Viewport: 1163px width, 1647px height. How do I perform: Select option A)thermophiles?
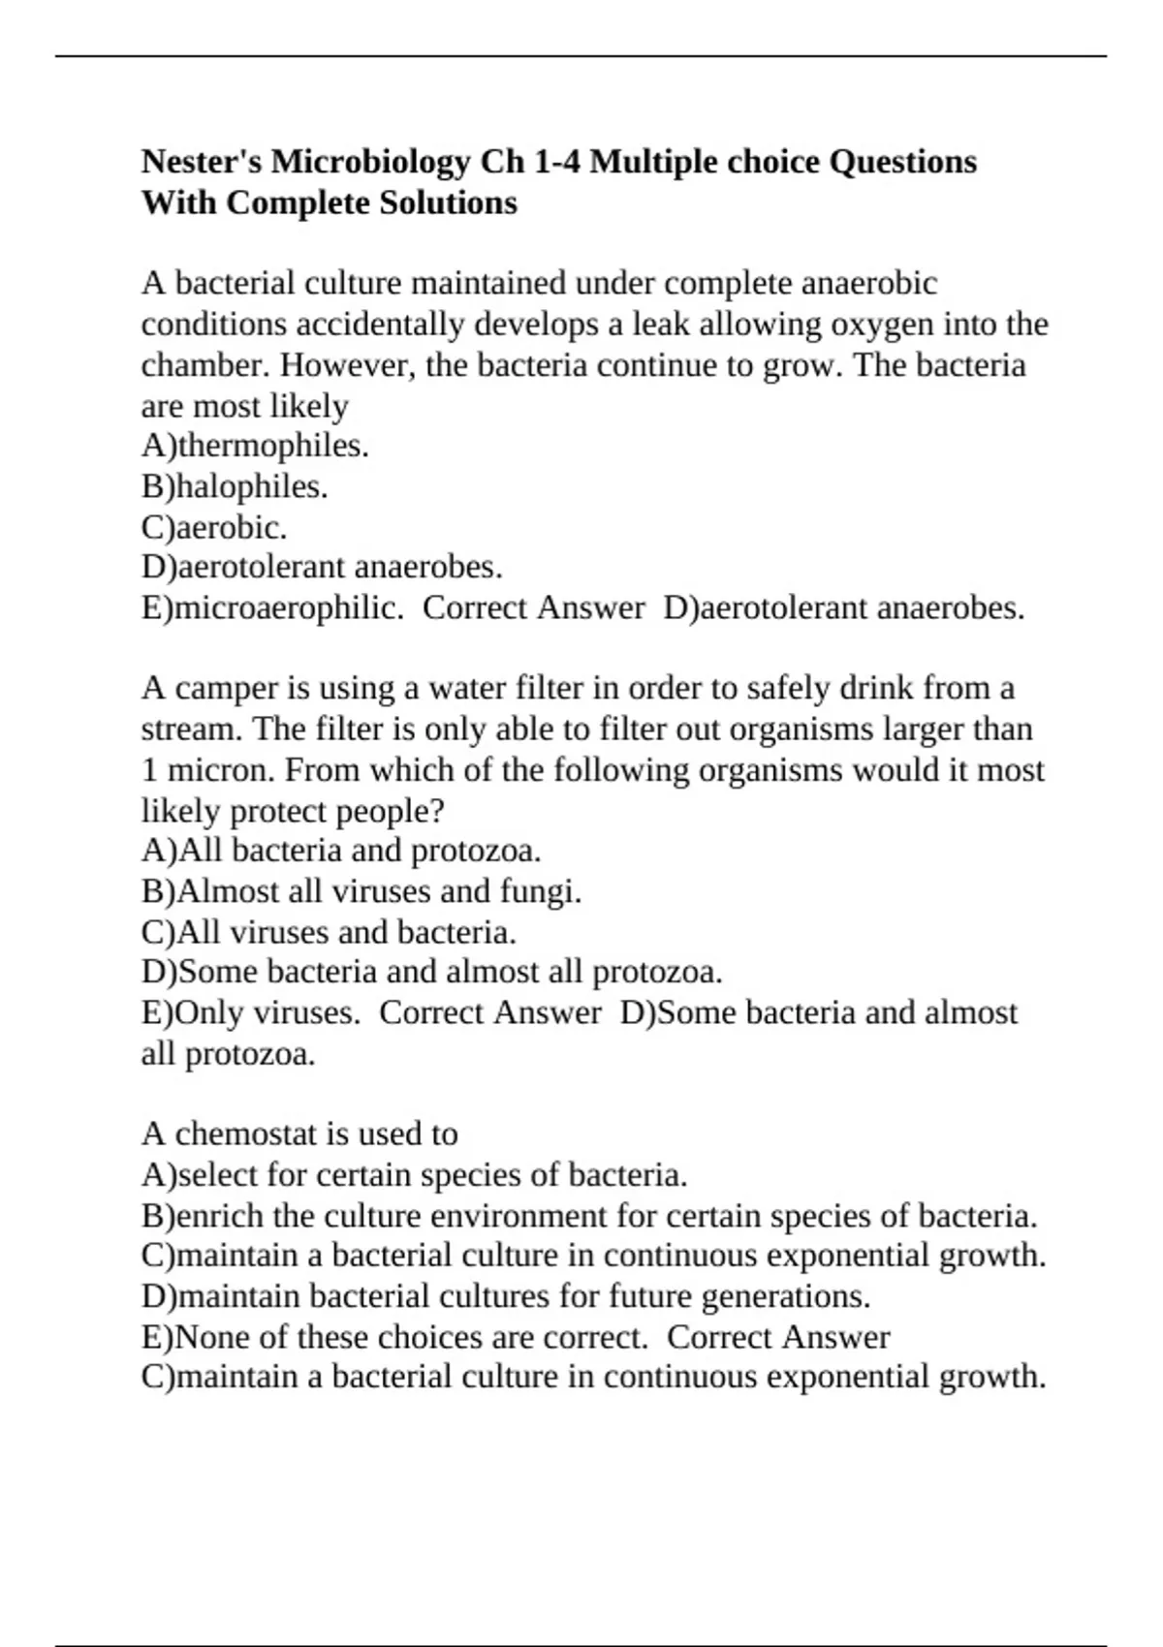[255, 446]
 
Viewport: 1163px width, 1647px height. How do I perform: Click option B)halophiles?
[235, 486]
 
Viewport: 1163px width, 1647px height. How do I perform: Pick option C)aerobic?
[214, 527]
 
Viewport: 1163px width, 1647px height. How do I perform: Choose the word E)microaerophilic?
[272, 608]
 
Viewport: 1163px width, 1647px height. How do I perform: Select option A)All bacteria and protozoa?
[341, 851]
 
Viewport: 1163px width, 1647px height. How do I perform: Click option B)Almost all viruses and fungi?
[361, 891]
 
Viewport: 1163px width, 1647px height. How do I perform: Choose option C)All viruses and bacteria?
[329, 932]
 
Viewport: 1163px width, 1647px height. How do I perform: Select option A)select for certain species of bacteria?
[414, 1175]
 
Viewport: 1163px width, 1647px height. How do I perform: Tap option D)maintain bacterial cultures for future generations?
[505, 1296]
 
